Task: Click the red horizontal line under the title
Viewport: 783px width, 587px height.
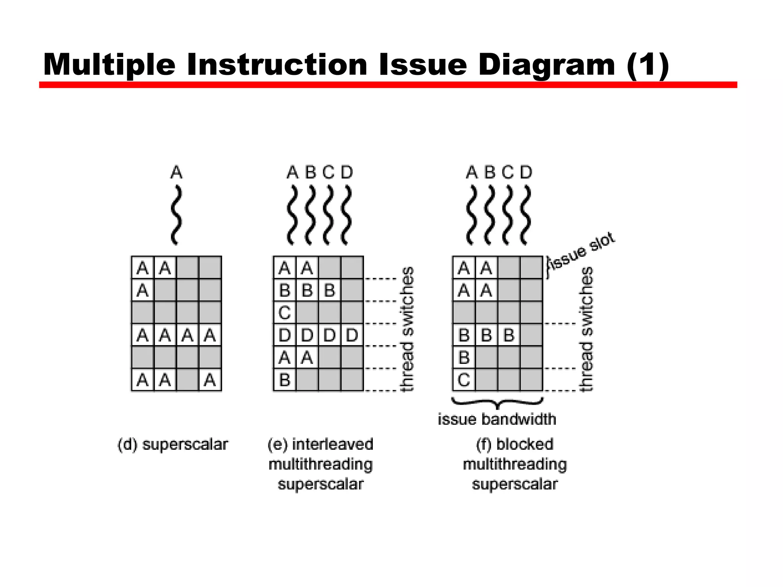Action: [388, 85]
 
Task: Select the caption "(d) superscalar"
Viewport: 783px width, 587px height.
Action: [172, 445]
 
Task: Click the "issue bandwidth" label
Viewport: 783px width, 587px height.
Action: [497, 420]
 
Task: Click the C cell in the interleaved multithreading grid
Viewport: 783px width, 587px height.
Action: [284, 313]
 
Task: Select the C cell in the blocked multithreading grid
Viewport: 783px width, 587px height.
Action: [464, 380]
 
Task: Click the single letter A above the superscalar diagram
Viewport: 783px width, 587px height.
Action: [176, 172]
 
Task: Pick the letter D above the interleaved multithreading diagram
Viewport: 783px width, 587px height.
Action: [347, 172]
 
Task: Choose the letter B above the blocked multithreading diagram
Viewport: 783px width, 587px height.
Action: [490, 172]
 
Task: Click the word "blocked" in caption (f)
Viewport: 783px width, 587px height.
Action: [525, 444]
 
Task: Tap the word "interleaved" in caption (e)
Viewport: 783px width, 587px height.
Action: [332, 444]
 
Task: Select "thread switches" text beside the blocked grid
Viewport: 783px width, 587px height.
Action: [586, 329]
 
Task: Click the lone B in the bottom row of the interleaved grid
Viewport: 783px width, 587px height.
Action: [284, 380]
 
